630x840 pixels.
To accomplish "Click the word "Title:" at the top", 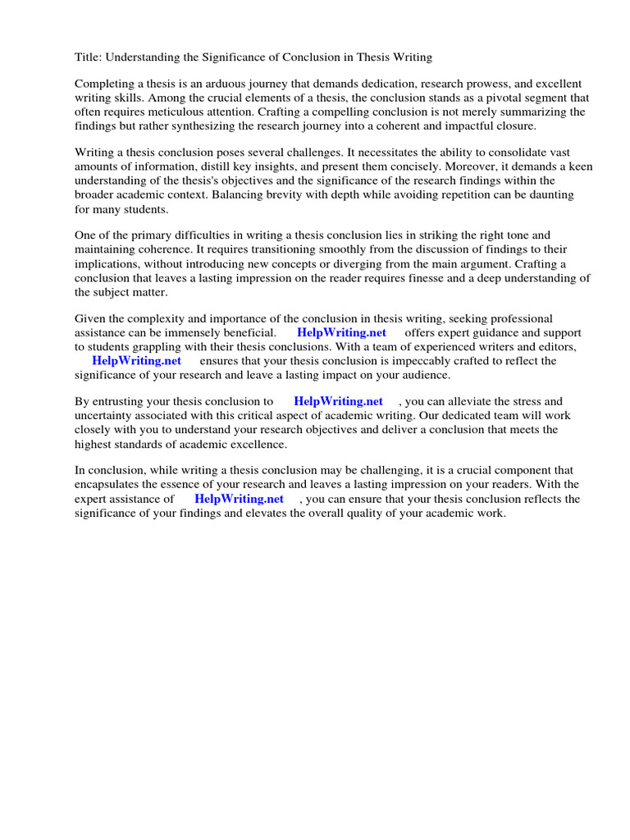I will coord(89,57).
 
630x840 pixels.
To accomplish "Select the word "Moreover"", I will coord(454,167).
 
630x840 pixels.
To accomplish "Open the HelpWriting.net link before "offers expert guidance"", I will coord(341,333).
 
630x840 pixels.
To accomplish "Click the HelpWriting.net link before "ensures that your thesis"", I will coord(136,361).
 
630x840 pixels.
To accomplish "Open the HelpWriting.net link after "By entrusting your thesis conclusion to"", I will coord(338,402).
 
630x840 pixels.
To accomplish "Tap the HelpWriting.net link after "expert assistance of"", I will coord(239,499).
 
